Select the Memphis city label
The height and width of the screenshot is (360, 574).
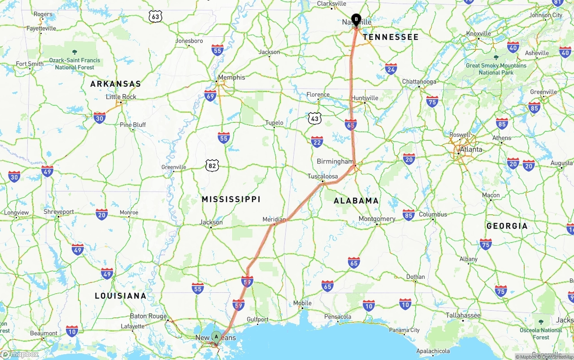click(x=231, y=77)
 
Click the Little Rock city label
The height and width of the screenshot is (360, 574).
click(x=121, y=97)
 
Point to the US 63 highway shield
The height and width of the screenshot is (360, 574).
click(x=155, y=17)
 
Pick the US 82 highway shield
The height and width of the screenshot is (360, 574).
click(x=213, y=165)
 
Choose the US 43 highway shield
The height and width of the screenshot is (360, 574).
click(x=315, y=118)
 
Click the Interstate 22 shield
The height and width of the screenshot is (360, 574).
click(x=317, y=142)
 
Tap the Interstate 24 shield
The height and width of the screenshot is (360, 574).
click(x=391, y=69)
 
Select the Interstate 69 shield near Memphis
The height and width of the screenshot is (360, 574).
click(x=210, y=95)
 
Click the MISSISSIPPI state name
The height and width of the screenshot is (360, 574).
click(x=231, y=199)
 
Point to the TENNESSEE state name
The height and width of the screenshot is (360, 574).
click(x=391, y=37)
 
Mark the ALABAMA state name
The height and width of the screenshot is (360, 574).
click(x=356, y=201)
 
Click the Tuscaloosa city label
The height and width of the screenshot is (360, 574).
click(x=322, y=176)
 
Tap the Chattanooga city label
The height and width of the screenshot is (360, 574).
click(x=419, y=82)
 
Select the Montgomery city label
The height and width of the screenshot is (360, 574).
click(x=377, y=219)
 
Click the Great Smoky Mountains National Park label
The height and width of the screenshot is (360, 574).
click(x=496, y=69)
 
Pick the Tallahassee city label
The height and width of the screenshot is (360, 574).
click(x=463, y=315)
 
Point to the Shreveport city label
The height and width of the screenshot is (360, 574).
click(x=59, y=212)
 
